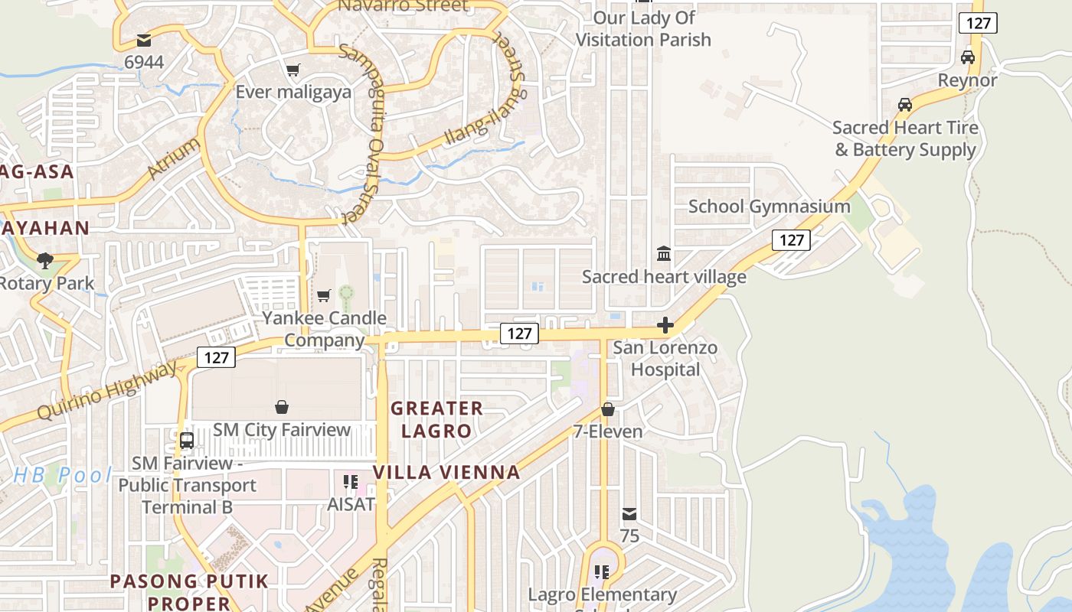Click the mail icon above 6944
143,41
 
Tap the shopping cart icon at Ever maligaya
293,70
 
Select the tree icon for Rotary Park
45,260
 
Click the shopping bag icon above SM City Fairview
282,407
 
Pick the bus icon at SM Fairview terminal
186,441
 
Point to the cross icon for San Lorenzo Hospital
665,325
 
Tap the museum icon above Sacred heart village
664,253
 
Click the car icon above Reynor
968,57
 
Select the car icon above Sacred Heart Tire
905,105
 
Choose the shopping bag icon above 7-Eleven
608,409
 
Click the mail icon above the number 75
629,513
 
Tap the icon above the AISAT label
351,482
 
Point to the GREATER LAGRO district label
436,419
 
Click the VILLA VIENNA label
446,472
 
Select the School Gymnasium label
769,207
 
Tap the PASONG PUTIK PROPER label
189,591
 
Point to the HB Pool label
63,475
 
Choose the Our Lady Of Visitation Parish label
643,28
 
